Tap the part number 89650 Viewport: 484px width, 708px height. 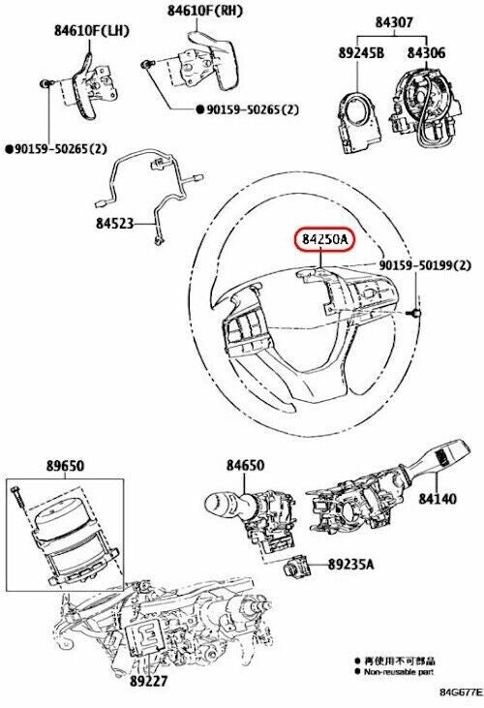[x=64, y=465]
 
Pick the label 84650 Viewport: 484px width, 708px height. [x=245, y=466]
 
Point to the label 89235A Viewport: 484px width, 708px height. [x=352, y=562]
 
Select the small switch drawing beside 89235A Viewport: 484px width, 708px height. [x=297, y=567]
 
